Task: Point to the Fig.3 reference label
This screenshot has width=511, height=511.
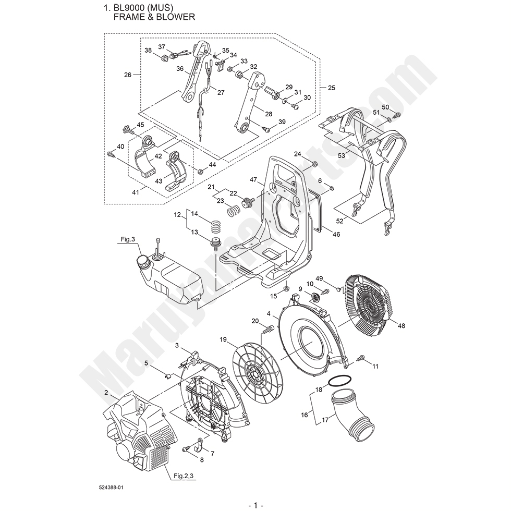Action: click(x=128, y=239)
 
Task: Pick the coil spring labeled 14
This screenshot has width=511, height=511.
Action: click(x=216, y=227)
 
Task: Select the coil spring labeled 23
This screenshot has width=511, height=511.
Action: click(x=236, y=211)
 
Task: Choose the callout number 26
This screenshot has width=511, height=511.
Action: click(x=127, y=75)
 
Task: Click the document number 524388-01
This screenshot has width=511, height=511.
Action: click(x=110, y=488)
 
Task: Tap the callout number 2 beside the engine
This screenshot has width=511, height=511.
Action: click(x=106, y=392)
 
